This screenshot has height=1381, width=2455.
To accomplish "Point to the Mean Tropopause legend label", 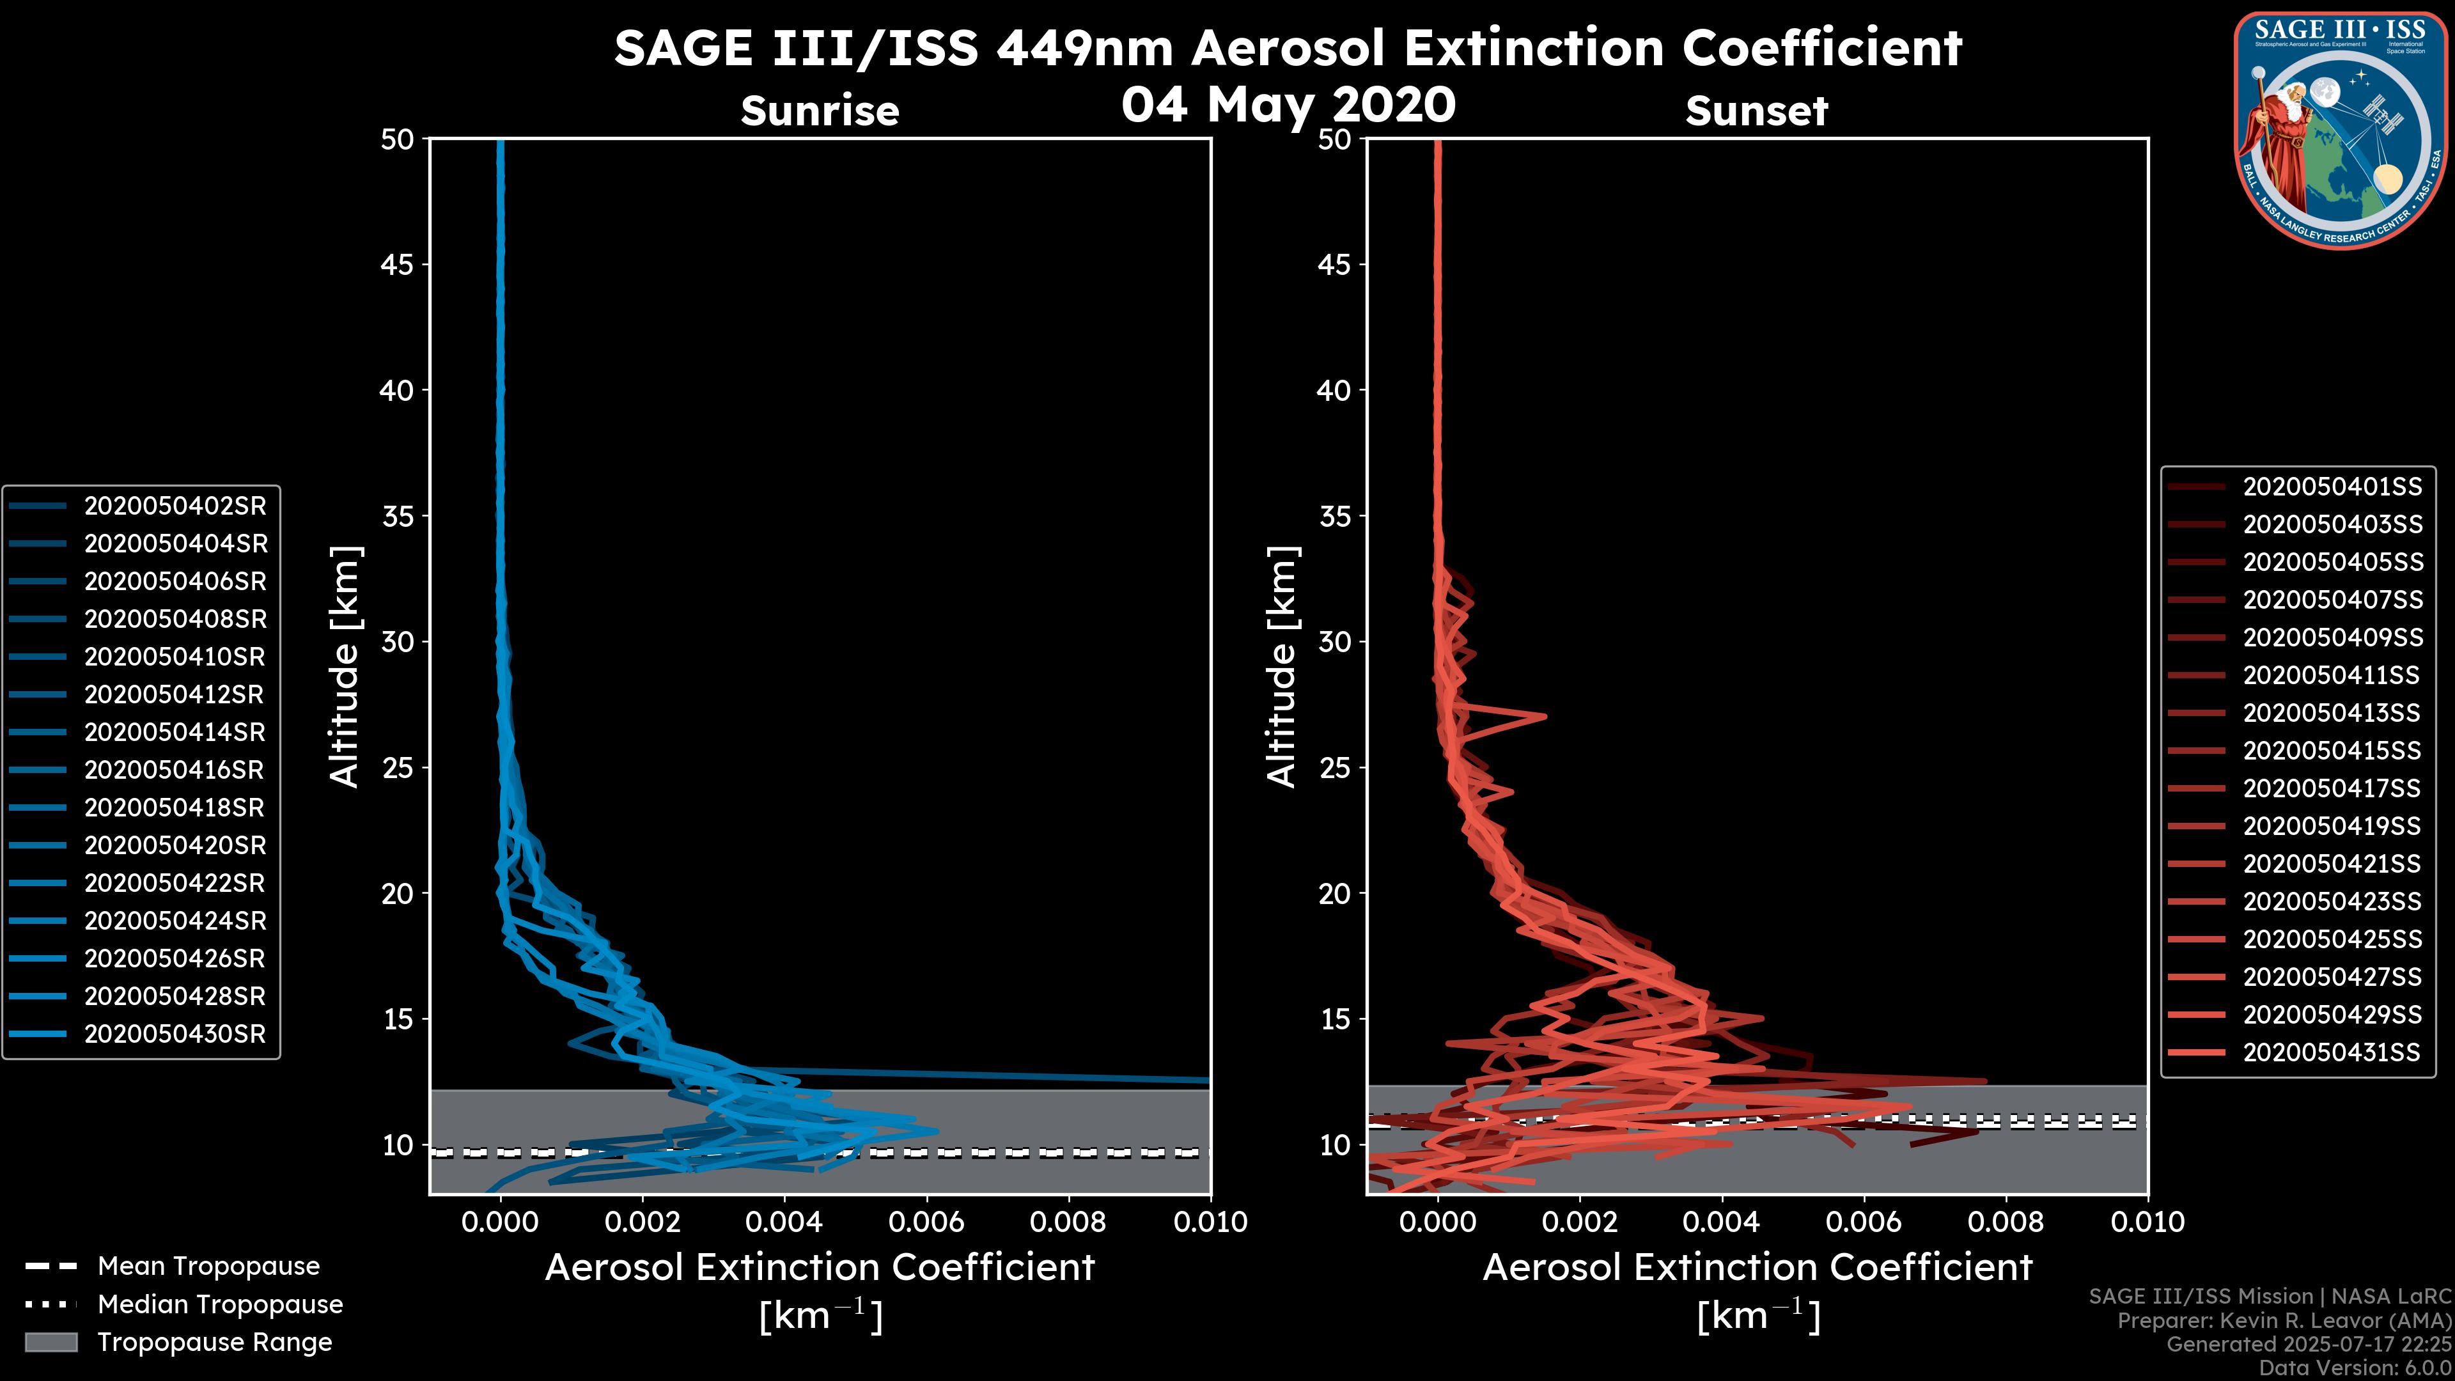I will tap(208, 1267).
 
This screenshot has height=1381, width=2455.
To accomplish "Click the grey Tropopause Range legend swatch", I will tap(51, 1342).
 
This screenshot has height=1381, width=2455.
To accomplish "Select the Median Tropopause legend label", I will tap(220, 1304).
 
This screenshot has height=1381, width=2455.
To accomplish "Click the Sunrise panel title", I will tap(820, 111).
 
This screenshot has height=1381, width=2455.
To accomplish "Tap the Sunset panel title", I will tap(1756, 111).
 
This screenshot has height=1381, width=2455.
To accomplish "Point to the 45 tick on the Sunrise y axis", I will tap(398, 265).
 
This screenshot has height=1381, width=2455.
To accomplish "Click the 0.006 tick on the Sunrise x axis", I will tap(925, 1222).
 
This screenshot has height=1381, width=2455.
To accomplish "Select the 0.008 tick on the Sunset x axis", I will tap(2005, 1222).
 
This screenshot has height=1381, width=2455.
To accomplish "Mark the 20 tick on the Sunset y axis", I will tap(1334, 894).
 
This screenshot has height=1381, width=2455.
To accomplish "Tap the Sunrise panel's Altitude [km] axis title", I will tap(344, 666).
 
